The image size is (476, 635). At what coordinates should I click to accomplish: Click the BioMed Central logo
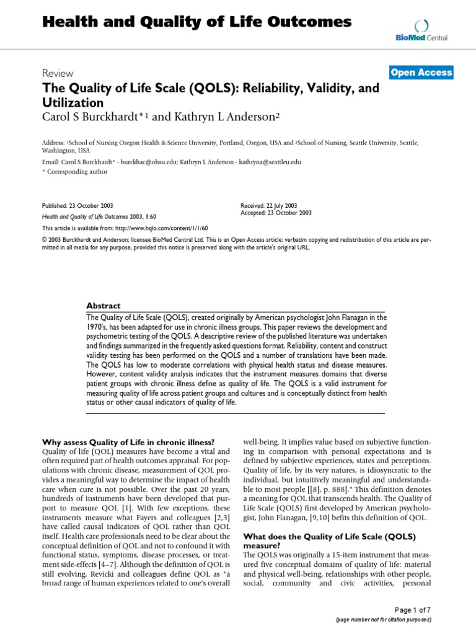click(x=421, y=31)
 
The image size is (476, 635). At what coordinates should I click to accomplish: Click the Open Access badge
click(x=421, y=73)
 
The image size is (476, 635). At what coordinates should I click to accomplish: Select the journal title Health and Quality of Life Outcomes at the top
click(x=196, y=23)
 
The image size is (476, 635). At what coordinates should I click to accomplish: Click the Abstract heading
click(x=104, y=306)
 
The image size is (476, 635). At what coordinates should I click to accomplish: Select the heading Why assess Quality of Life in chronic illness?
click(x=128, y=442)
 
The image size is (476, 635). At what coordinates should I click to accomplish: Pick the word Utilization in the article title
click(x=73, y=102)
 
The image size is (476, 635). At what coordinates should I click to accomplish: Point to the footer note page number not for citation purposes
click(x=383, y=619)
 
